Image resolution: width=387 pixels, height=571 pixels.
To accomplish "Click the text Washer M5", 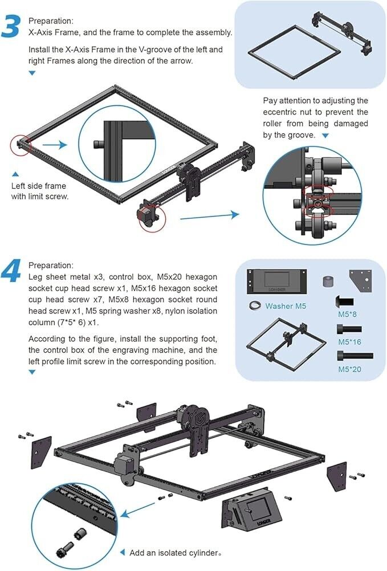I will point(286,306).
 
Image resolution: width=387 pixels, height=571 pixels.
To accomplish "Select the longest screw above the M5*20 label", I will point(356,356).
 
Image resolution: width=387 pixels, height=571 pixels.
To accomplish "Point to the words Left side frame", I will point(39,186).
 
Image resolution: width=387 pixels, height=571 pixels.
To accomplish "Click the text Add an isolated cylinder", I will point(174,553).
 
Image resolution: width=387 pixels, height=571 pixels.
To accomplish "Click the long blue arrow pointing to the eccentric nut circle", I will point(209,215).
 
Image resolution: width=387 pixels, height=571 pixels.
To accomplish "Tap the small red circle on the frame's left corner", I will point(19,145).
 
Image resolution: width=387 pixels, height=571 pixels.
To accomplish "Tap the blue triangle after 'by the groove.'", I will point(325,136).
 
